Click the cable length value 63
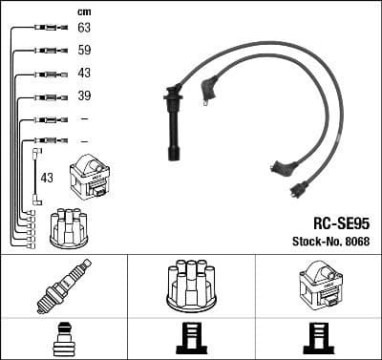[x=84, y=29]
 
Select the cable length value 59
[x=84, y=51]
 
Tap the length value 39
[x=84, y=96]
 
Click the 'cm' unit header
[x=83, y=11]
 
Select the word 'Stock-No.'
[x=311, y=241]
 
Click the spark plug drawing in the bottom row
[x=63, y=286]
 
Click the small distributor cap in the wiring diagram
[x=70, y=226]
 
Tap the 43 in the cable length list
[x=84, y=74]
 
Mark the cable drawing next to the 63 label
[x=47, y=29]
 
